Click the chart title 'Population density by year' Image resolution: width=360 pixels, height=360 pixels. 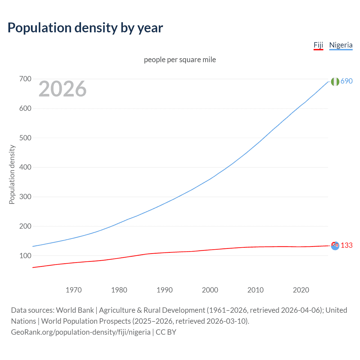(x=85, y=28)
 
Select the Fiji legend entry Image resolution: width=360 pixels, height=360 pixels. (x=318, y=45)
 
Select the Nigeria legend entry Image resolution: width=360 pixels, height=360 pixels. (x=341, y=45)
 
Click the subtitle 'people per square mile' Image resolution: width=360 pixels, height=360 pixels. (x=180, y=60)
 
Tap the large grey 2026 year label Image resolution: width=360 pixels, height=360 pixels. (x=62, y=89)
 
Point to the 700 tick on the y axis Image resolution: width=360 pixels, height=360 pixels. (x=25, y=79)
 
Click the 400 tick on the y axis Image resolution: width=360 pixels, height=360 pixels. (x=25, y=167)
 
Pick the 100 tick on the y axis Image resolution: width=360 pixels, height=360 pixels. (x=25, y=256)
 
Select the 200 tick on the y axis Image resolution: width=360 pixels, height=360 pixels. (x=25, y=226)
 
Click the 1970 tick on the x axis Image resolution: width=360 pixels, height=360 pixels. (x=74, y=290)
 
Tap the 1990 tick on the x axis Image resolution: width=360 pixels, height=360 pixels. (x=165, y=290)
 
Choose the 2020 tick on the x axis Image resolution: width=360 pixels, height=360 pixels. (x=301, y=290)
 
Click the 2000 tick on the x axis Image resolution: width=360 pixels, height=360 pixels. (x=210, y=290)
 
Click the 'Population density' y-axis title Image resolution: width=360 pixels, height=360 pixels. (x=12, y=174)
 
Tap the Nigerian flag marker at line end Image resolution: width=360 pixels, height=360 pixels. (x=335, y=82)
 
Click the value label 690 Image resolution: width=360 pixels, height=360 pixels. (x=346, y=81)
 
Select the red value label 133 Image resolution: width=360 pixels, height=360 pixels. (x=346, y=245)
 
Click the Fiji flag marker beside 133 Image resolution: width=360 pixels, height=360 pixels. (x=335, y=246)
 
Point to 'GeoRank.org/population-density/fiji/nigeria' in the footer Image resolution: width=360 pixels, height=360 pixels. (x=81, y=332)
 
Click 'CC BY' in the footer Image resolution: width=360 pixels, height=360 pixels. (x=166, y=332)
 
